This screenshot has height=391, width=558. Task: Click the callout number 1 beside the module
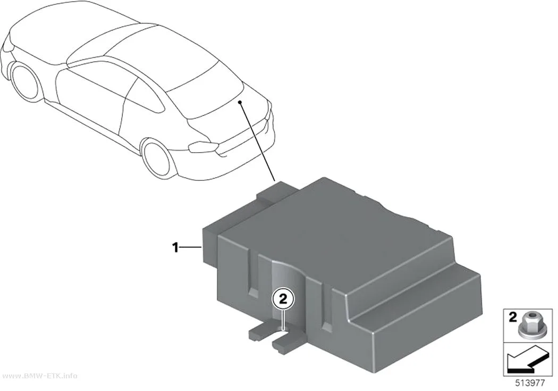click(175, 247)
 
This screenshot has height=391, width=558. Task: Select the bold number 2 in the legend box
click(512, 317)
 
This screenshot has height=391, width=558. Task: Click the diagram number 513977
click(530, 383)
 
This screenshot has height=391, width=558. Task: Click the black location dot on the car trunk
click(240, 103)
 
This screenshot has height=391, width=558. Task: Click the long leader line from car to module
click(257, 142)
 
